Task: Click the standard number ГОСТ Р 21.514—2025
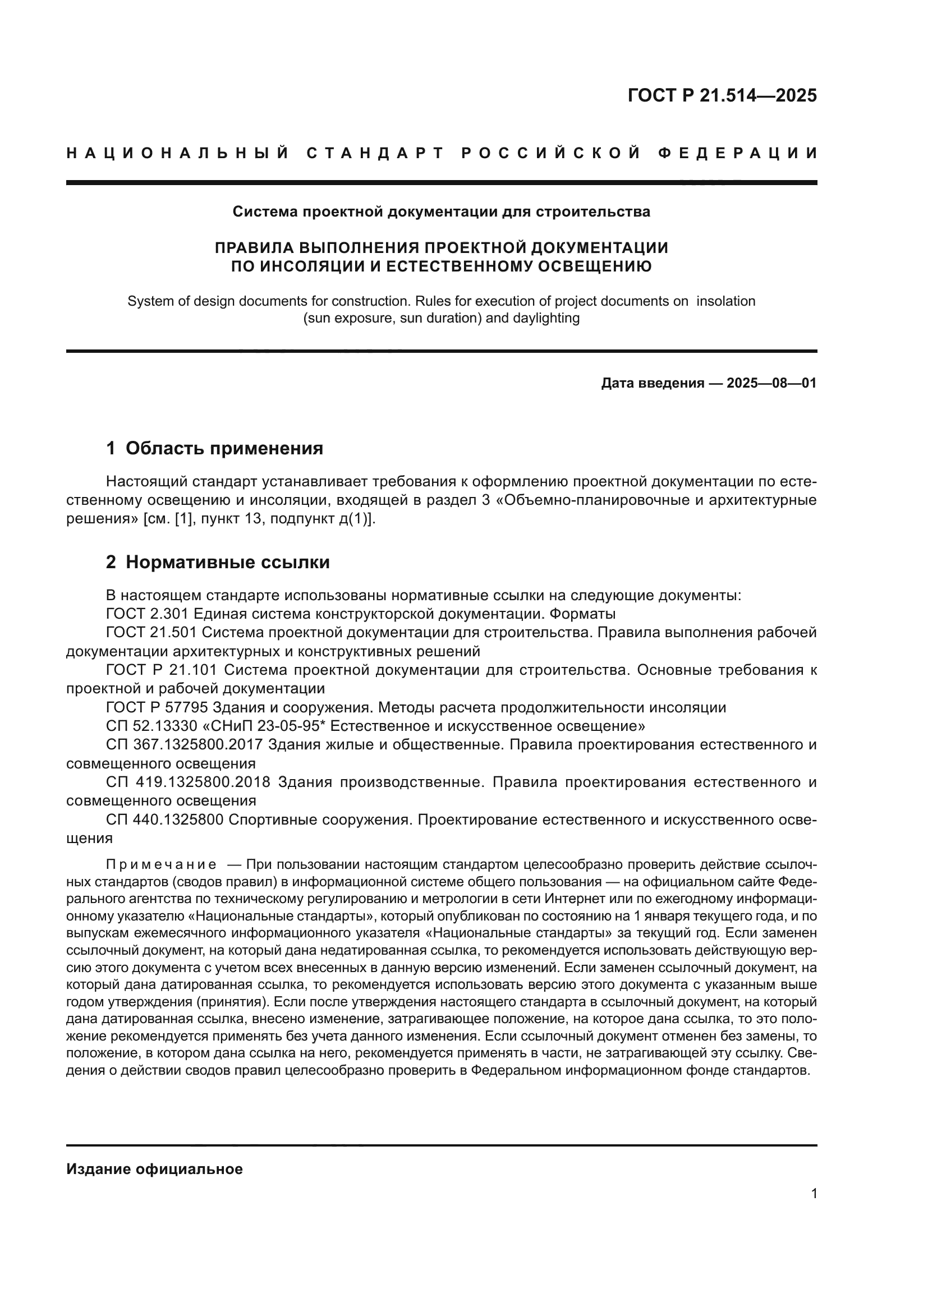click(722, 95)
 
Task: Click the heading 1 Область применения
click(214, 449)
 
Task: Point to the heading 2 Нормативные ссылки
click(218, 562)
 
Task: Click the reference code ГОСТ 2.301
click(148, 614)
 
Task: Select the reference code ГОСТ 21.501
click(151, 633)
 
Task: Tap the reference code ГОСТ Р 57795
click(157, 708)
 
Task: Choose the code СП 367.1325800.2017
click(184, 745)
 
